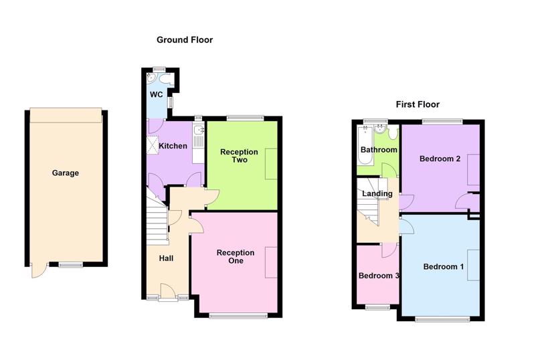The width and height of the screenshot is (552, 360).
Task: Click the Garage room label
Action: click(x=66, y=173)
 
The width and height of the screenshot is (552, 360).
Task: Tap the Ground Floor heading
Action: click(x=185, y=39)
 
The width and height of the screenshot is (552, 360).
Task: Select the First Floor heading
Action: click(x=418, y=104)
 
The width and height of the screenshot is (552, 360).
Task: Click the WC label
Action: click(x=157, y=94)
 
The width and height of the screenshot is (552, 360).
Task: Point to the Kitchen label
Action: click(x=173, y=146)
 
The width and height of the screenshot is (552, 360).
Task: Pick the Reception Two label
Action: click(x=239, y=155)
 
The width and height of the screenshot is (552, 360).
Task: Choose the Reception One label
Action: click(x=236, y=256)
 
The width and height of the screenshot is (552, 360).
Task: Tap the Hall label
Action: click(x=166, y=258)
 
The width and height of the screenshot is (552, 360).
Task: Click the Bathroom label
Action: click(x=379, y=150)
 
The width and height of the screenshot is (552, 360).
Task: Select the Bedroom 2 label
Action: click(x=440, y=159)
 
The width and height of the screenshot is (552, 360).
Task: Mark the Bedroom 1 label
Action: click(x=444, y=267)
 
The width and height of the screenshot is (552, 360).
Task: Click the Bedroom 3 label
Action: click(x=379, y=276)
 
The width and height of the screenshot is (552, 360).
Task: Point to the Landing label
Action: click(x=377, y=193)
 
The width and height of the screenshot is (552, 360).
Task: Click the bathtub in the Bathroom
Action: click(x=365, y=146)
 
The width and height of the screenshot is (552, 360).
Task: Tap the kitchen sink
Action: click(x=199, y=130)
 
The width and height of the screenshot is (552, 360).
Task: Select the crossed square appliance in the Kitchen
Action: click(x=153, y=145)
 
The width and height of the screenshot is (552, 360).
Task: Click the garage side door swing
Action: click(x=39, y=270)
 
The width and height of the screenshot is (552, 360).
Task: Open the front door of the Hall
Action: click(x=168, y=292)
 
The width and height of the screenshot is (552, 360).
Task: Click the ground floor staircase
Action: click(x=157, y=218)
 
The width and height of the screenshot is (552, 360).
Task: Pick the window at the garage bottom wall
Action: click(x=70, y=264)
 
